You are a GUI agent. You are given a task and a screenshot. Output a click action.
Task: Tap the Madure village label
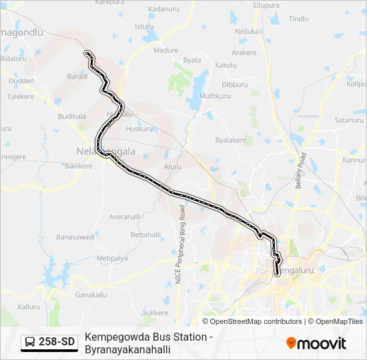click(x=165, y=50)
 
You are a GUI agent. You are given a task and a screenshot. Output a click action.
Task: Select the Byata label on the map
click(x=192, y=60)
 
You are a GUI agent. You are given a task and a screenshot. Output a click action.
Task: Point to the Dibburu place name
click(x=234, y=85)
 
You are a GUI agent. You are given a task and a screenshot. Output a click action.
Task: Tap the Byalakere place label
click(x=231, y=140)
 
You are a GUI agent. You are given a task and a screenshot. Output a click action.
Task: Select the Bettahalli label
click(x=145, y=235)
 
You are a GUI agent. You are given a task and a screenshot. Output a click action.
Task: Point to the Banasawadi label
click(x=74, y=237)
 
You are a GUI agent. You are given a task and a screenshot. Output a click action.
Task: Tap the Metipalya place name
click(x=112, y=257)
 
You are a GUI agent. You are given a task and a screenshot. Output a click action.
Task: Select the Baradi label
click(x=77, y=77)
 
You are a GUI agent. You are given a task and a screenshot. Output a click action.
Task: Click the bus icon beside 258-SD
click(x=30, y=343)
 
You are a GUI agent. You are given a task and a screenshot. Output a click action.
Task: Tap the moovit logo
click(x=316, y=343)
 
